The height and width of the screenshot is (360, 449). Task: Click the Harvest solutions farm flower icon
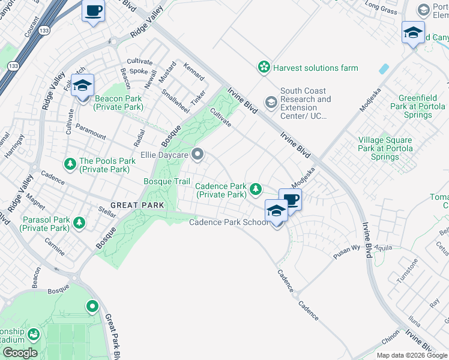tap(264, 68)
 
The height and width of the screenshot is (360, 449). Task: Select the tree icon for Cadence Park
tap(256, 190)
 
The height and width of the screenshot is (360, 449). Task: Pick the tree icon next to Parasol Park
tap(79, 224)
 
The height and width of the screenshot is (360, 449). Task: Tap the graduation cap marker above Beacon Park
tap(82, 85)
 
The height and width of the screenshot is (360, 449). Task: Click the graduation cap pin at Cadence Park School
tap(276, 211)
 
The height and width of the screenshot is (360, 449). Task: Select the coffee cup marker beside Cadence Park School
tap(291, 200)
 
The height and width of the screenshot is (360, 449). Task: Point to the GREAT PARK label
tap(137, 205)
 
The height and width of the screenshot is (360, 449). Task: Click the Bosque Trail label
tap(166, 181)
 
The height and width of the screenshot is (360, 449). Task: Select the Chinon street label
tap(390, 338)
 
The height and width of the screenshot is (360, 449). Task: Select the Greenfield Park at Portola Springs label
tap(418, 106)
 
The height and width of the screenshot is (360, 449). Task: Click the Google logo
tap(19, 353)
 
